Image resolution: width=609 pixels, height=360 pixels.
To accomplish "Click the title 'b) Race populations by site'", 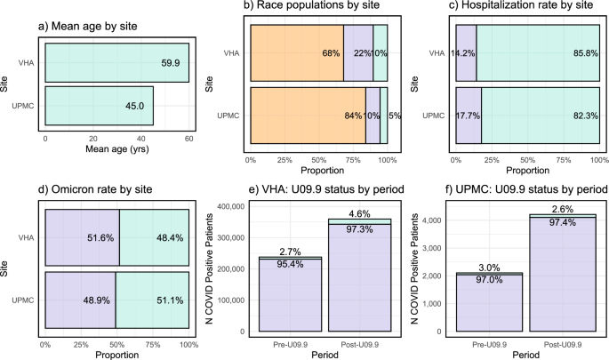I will tap(320, 8).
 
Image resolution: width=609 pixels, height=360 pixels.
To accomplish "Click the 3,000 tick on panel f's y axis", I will tap(436, 245).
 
